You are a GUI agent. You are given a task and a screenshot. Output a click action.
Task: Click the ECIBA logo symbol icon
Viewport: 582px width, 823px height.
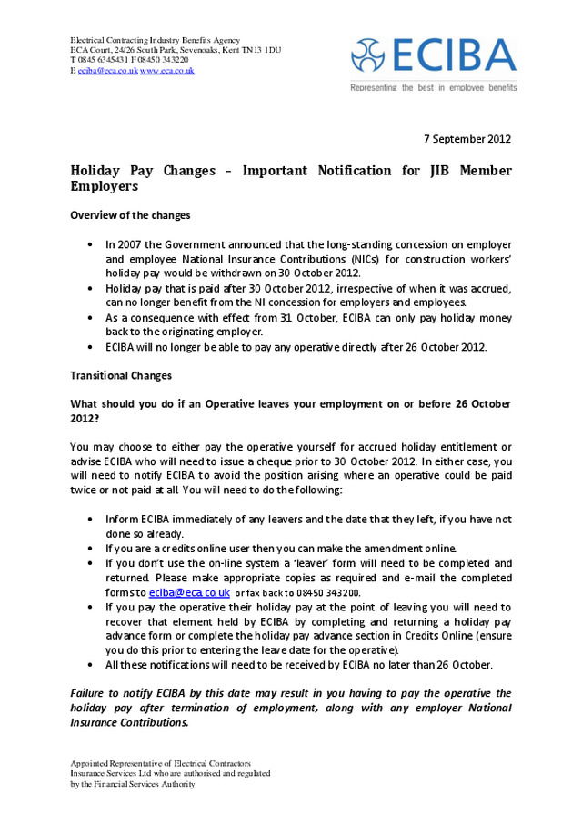[x=374, y=56]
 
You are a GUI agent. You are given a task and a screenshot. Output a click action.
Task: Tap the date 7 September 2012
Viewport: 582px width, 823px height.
[x=467, y=139]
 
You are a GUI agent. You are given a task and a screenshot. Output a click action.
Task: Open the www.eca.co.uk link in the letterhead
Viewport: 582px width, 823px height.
[x=167, y=70]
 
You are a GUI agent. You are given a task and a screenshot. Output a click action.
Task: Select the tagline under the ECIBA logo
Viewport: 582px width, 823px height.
[x=434, y=87]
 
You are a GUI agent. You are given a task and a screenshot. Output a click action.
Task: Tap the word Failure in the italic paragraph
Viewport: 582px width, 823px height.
[x=89, y=693]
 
